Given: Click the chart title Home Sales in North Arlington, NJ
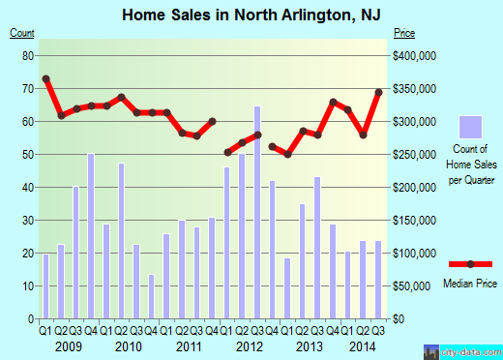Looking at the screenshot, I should click(x=251, y=15).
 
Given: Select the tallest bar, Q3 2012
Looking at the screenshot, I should click(x=257, y=212).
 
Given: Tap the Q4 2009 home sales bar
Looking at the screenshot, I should click(x=91, y=235).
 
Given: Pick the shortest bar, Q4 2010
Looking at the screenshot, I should click(x=151, y=296).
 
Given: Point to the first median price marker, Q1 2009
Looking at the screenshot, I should click(x=45, y=78).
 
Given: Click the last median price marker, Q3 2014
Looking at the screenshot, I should click(x=379, y=92).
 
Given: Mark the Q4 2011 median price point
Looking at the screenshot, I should click(x=212, y=121).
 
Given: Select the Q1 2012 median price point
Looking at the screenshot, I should click(x=227, y=152).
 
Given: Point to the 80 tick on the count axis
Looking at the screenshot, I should click(x=28, y=56).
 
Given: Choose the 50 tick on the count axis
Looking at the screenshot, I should click(x=28, y=155).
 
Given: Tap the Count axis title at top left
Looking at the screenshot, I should click(x=21, y=34).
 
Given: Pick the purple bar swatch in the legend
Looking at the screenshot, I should click(x=470, y=127).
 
